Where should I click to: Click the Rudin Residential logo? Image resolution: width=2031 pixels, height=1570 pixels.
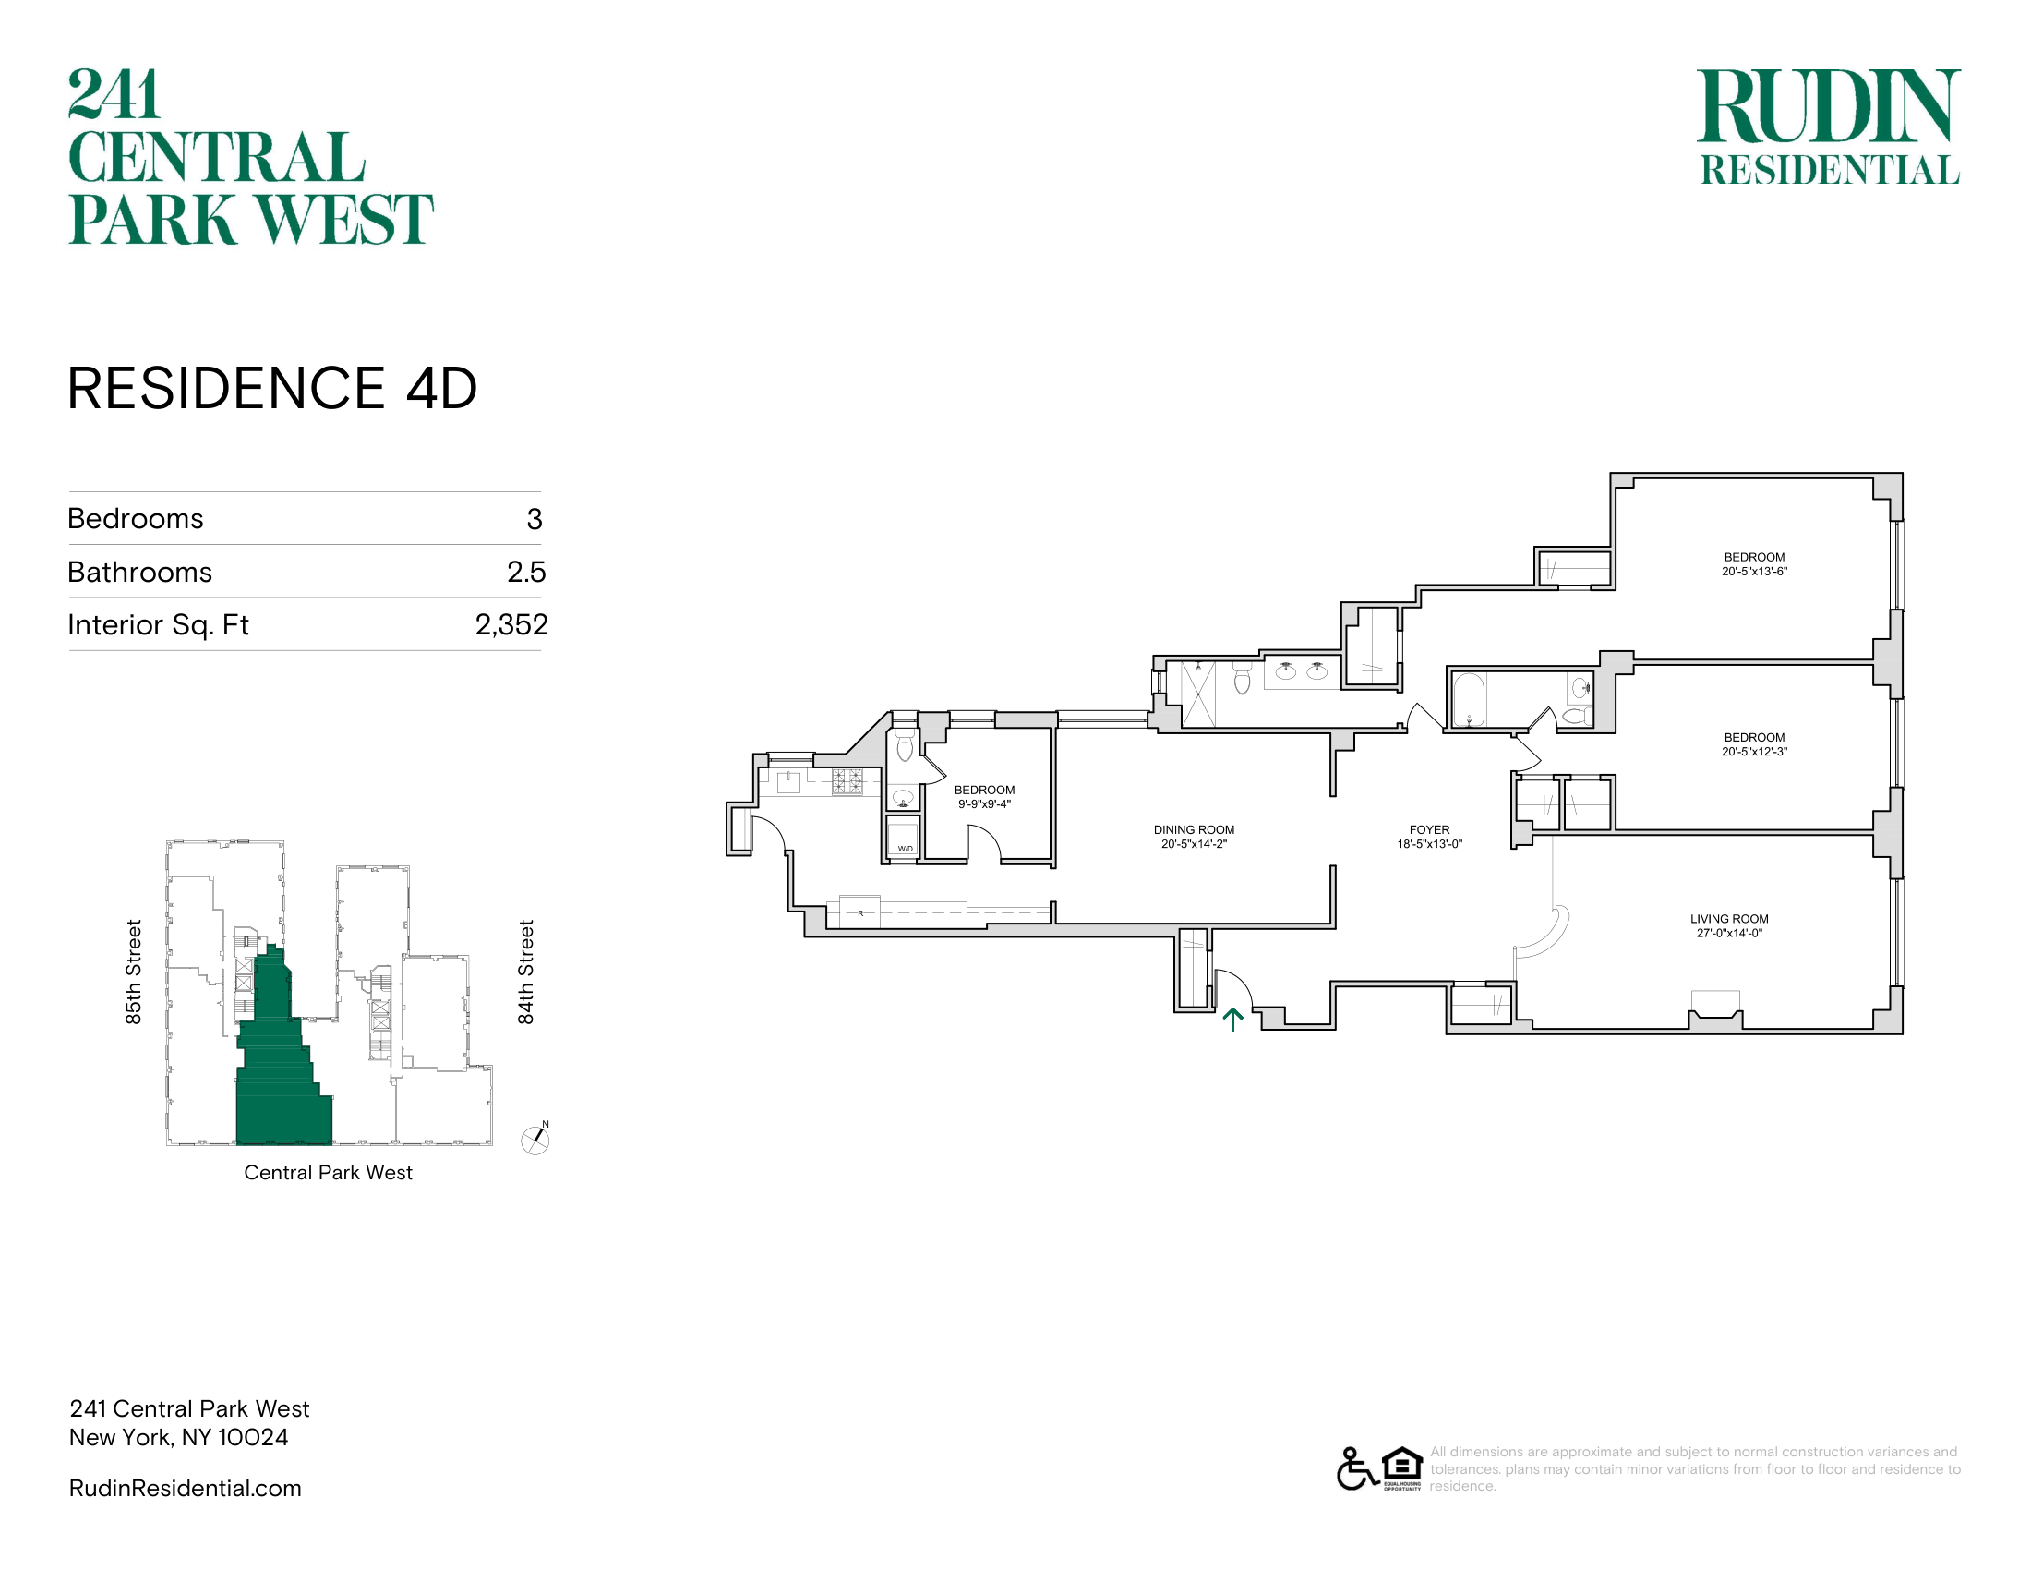[x=1829, y=127]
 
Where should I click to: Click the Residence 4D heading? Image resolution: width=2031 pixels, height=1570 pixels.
[x=272, y=388]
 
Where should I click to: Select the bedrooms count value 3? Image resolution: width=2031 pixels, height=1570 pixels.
[x=534, y=519]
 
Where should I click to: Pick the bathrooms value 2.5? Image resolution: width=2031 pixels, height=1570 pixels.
[x=526, y=572]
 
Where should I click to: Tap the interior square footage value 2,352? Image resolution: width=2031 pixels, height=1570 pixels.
[x=511, y=624]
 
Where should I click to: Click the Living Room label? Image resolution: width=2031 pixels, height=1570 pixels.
[x=1729, y=919]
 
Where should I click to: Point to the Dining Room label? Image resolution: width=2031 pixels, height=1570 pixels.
[x=1194, y=829]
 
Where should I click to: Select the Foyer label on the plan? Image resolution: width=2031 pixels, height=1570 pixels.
[x=1429, y=829]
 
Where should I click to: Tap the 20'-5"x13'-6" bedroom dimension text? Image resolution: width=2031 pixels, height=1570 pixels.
[x=1754, y=572]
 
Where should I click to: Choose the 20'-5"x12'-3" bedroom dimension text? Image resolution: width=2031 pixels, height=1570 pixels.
[x=1754, y=752]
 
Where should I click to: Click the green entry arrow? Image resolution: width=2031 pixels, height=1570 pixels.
[x=1232, y=1020]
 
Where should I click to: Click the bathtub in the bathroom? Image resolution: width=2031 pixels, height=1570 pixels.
[x=1470, y=699]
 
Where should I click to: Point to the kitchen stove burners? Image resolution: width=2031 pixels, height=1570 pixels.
[x=847, y=781]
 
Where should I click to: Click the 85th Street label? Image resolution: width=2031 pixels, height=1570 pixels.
[x=134, y=972]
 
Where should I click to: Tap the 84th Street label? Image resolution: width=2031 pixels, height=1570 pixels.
[x=526, y=972]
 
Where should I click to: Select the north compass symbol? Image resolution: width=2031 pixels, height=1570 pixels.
[x=535, y=1139]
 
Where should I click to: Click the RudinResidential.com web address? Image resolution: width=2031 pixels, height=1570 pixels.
[x=185, y=1488]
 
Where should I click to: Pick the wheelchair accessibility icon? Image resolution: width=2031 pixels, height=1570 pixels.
[x=1357, y=1468]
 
